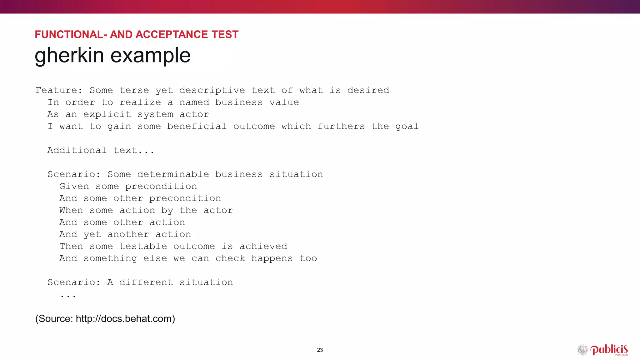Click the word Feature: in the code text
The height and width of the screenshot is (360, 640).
(59, 90)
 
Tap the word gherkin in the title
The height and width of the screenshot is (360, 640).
(69, 55)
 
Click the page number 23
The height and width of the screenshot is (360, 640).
(320, 350)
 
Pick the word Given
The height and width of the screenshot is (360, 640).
(74, 186)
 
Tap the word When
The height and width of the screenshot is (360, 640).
(71, 210)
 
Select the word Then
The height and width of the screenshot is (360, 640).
(71, 246)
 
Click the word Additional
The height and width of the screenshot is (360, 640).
(77, 150)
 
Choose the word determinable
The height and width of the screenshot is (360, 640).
(173, 174)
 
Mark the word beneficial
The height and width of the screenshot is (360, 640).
(197, 126)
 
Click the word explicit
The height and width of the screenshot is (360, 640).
(107, 114)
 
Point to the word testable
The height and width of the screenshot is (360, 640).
(143, 246)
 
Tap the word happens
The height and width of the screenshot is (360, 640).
(272, 258)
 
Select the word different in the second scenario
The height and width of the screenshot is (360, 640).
(146, 282)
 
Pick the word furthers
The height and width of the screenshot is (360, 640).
(341, 126)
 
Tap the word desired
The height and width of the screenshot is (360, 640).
(368, 90)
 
